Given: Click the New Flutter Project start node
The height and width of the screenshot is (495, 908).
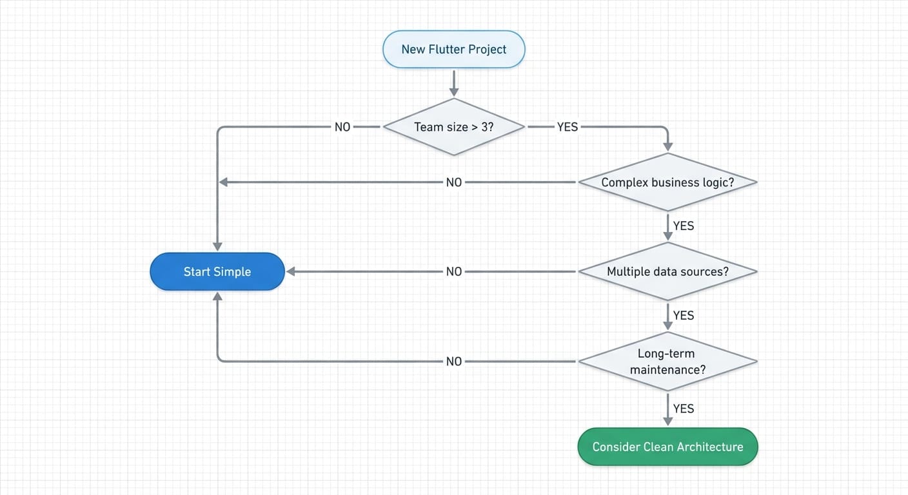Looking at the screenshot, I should point(453,49).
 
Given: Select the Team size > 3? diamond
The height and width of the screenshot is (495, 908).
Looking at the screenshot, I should point(453,127).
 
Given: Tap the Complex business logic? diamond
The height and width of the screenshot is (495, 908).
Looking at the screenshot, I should point(667,182).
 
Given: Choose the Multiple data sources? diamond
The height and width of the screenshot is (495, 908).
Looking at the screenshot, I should point(667,271).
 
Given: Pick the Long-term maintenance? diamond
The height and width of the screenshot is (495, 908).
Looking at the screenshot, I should point(667,362).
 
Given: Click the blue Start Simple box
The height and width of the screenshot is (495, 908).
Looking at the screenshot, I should point(217,271).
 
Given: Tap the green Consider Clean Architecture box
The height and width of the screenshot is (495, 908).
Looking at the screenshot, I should point(667,447).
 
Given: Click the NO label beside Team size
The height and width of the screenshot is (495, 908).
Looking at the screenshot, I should point(342,127).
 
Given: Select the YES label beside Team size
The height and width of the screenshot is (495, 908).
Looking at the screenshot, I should point(567,127).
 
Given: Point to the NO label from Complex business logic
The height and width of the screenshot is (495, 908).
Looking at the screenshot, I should point(454,182).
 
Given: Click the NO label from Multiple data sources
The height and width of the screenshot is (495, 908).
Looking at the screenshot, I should point(454,271).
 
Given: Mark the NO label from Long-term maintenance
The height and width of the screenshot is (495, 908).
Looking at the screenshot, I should point(454,362).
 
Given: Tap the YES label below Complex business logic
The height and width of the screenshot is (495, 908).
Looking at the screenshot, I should point(684,226).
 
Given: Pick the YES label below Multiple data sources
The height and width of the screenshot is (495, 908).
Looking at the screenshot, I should point(684,315).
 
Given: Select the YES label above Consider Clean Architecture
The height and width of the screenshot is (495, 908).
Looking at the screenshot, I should point(684,409).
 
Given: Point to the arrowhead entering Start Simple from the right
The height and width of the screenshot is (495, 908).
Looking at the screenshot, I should point(291,271).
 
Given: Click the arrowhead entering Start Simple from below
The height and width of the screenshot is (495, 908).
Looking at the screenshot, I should point(217,296).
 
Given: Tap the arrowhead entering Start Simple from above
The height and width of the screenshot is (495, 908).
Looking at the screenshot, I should point(217,246).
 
